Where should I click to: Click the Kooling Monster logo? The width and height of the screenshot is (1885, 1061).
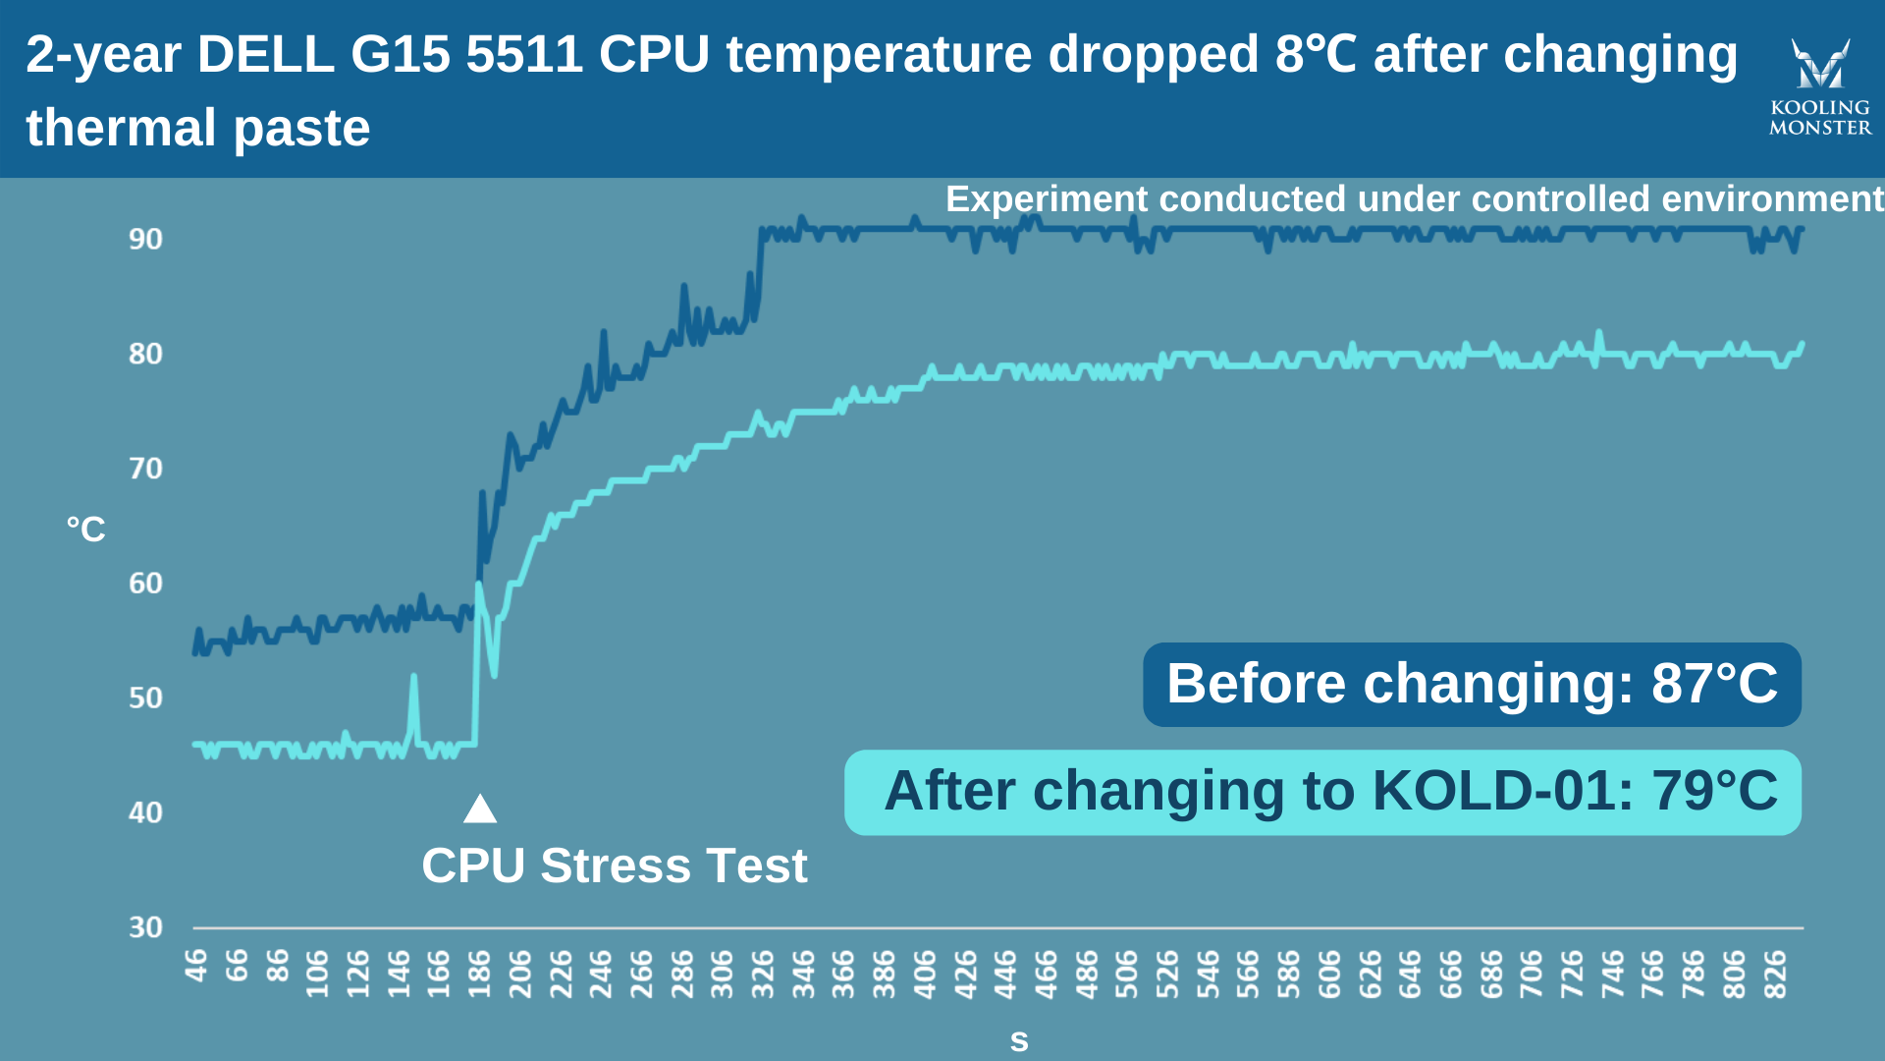tap(1820, 86)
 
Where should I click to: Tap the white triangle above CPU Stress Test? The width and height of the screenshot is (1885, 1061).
tap(480, 810)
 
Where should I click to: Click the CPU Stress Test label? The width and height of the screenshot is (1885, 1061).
tap(614, 866)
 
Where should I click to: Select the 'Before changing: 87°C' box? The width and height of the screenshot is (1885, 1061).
tap(1471, 685)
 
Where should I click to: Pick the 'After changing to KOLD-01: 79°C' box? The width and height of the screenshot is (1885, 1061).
tap(1321, 792)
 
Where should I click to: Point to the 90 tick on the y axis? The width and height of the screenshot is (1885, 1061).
tap(145, 239)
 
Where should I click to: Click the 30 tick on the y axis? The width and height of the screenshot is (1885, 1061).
tap(145, 927)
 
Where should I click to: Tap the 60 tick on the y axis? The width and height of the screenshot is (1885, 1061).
tap(145, 584)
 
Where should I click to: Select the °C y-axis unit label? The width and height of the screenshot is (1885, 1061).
tap(86, 530)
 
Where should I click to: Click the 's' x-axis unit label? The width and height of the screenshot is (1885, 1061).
tap(1019, 1041)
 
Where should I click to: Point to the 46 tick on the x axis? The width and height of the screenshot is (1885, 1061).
tap(196, 966)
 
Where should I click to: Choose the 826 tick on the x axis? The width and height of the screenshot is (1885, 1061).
tap(1775, 974)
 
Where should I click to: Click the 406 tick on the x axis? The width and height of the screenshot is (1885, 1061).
tap(925, 974)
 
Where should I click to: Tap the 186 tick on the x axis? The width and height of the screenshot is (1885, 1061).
tap(480, 974)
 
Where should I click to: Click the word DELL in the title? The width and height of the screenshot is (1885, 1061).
tap(265, 54)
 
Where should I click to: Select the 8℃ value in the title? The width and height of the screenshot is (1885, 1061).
tap(1316, 54)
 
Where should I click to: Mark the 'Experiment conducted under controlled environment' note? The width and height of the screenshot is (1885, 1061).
tap(1414, 199)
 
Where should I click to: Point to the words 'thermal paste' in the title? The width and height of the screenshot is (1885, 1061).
tap(198, 128)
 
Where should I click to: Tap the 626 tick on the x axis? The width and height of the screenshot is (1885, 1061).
tap(1371, 974)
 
